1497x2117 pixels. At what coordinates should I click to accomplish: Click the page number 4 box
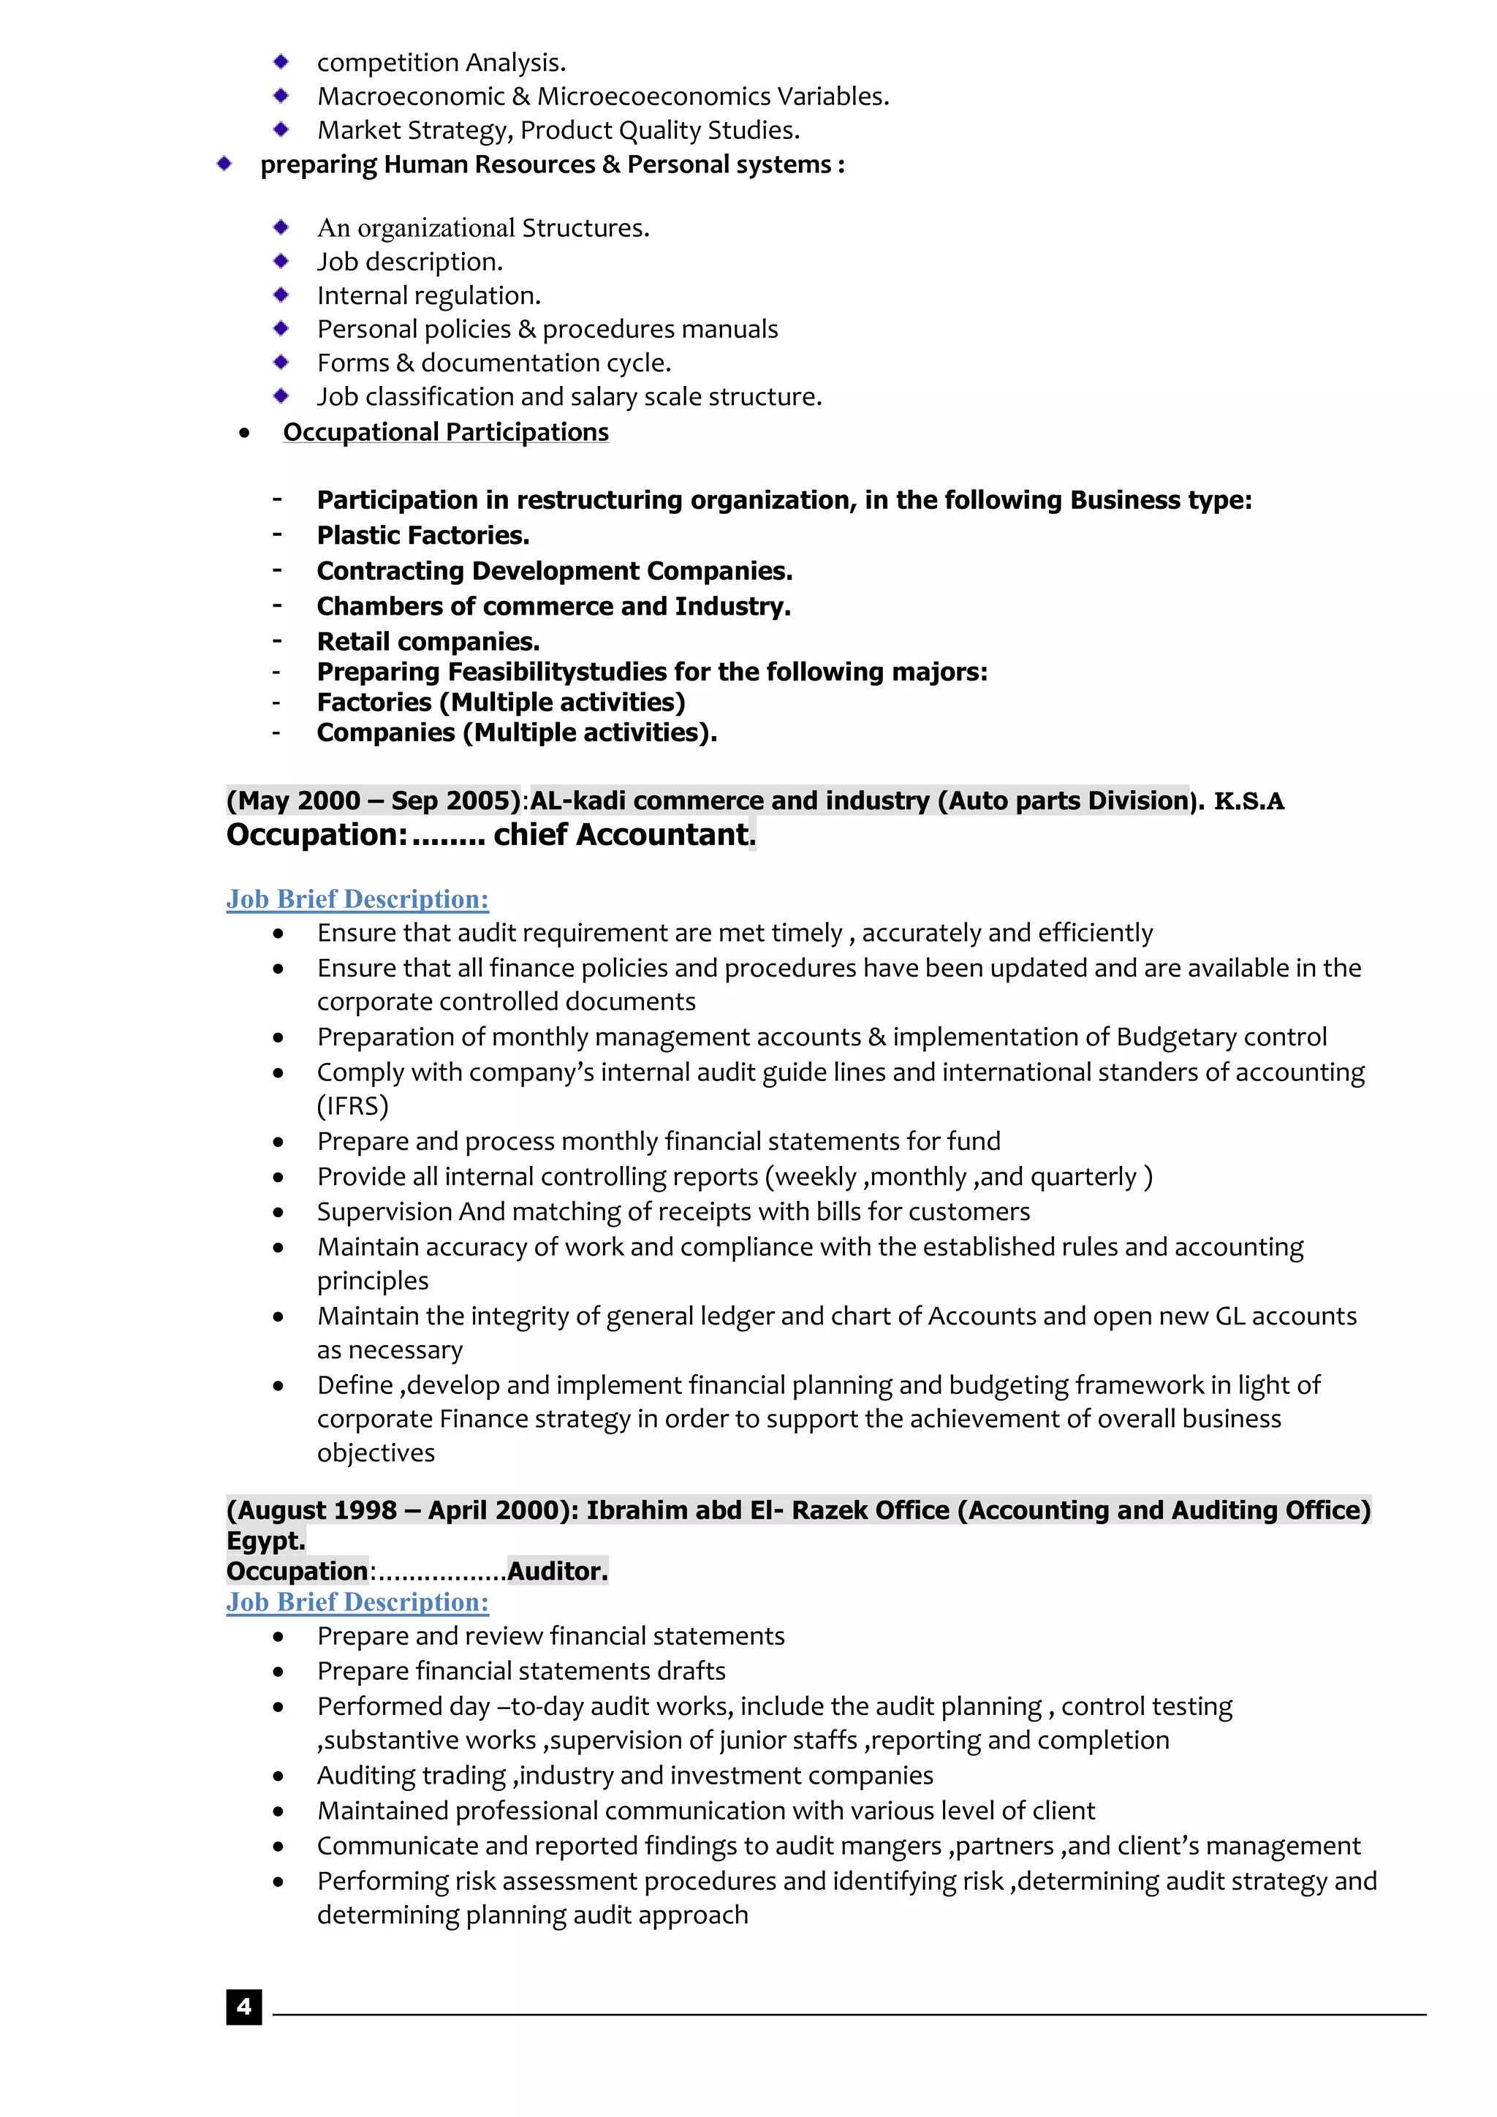(243, 2007)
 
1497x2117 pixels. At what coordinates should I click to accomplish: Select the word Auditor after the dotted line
(557, 1571)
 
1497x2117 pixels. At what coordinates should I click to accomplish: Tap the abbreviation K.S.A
(1248, 801)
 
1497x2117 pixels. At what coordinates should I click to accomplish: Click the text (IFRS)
(353, 1105)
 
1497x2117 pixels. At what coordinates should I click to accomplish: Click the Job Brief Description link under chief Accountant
(357, 899)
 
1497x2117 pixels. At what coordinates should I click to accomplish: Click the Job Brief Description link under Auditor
(357, 1602)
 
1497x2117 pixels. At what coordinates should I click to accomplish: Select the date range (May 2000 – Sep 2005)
(374, 800)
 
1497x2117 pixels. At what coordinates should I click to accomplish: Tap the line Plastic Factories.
(423, 535)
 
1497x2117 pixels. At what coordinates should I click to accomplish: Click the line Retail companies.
(428, 642)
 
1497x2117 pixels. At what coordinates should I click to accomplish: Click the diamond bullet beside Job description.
(281, 261)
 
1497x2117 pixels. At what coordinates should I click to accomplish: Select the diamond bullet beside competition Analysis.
(281, 62)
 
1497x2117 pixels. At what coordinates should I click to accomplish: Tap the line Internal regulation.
(428, 295)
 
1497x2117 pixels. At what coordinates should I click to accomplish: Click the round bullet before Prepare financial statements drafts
(278, 1672)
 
